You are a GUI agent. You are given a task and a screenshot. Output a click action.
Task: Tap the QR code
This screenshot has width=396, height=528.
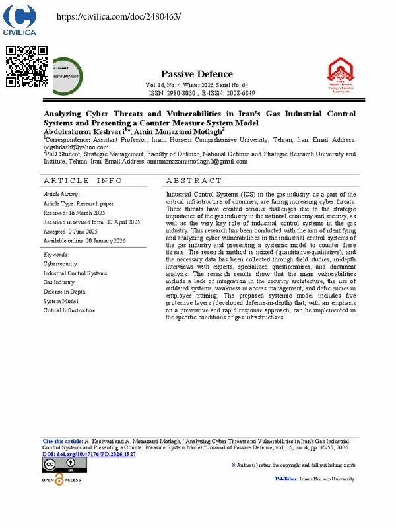point(26,66)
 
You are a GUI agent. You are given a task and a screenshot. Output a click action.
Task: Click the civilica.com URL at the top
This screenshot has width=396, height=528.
point(119,16)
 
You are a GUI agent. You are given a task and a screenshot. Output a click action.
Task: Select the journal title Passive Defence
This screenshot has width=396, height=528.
point(197,74)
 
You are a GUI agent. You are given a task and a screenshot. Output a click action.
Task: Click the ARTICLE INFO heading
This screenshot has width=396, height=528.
point(82,180)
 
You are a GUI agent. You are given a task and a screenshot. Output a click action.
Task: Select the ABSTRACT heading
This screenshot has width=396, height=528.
point(194,180)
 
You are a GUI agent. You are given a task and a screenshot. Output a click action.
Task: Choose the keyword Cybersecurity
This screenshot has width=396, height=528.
point(59,263)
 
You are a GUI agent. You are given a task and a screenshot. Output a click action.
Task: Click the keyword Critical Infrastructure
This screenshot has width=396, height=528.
point(69,310)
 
